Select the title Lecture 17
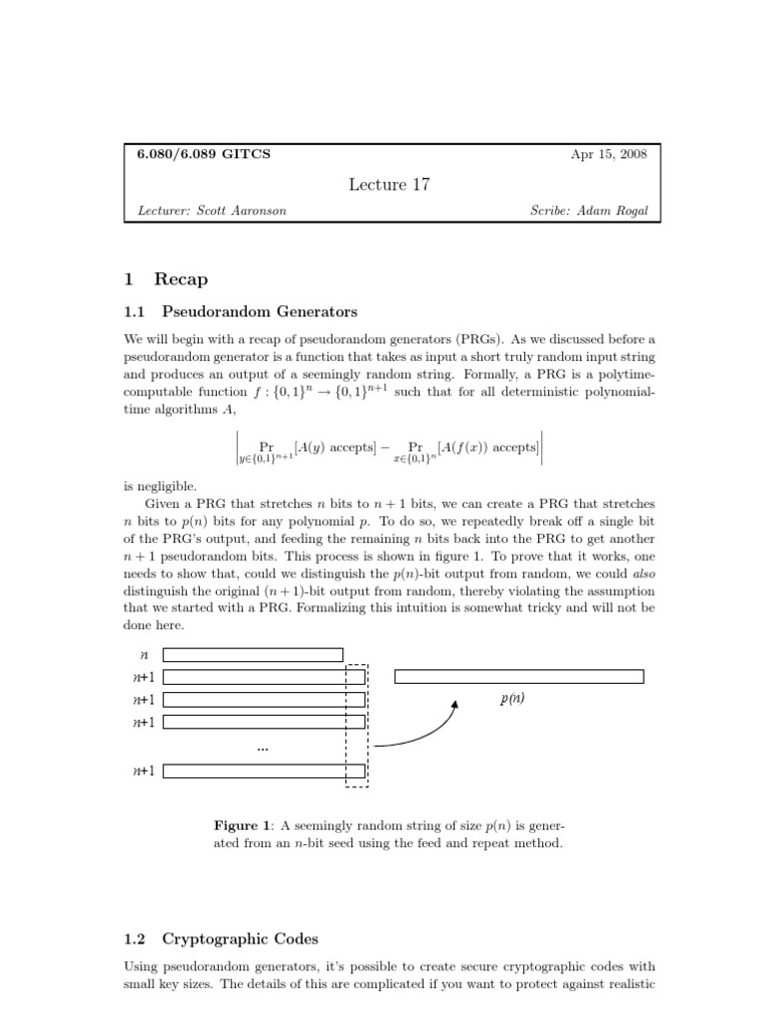(x=390, y=184)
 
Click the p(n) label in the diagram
(x=512, y=699)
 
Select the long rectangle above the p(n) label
(x=519, y=677)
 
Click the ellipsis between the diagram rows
(x=263, y=747)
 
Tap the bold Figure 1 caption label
(x=243, y=824)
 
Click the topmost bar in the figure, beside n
(x=253, y=655)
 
